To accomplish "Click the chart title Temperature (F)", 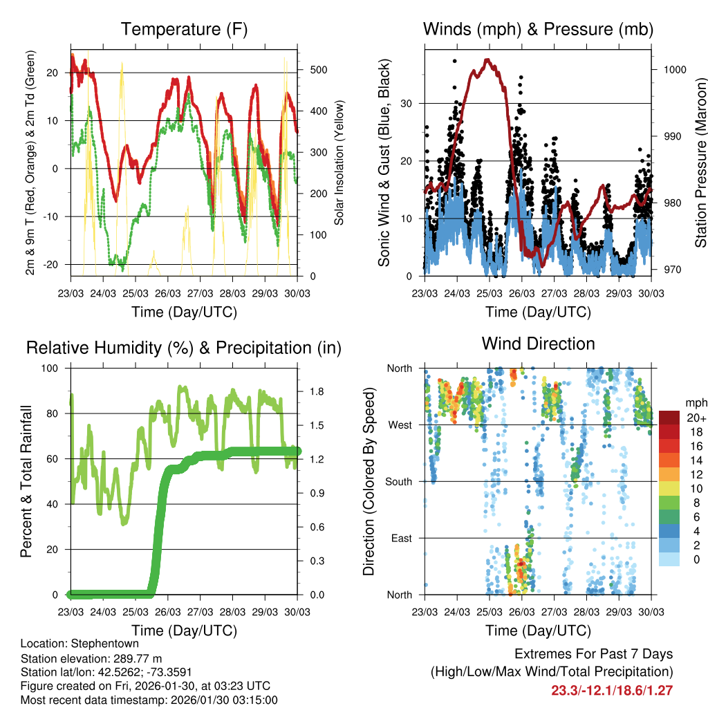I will pyautogui.click(x=184, y=29).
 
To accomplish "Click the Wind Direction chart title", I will pyautogui.click(x=538, y=343).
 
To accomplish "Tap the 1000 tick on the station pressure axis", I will pyautogui.click(x=674, y=70).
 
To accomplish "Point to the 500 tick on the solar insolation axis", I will pyautogui.click(x=319, y=70).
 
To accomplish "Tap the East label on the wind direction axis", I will pyautogui.click(x=401, y=538).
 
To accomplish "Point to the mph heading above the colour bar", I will pyautogui.click(x=695, y=402).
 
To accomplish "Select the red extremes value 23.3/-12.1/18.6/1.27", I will pyautogui.click(x=612, y=690).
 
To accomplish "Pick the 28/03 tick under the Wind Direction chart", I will pyautogui.click(x=586, y=612).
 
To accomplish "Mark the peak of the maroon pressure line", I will pyautogui.click(x=487, y=59).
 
